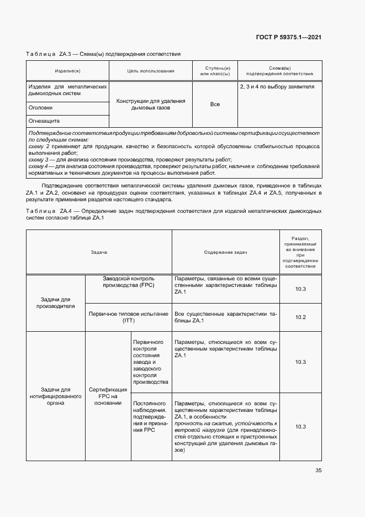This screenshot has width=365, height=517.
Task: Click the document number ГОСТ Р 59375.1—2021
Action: point(289,37)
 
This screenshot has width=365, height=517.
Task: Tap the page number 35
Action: point(319,471)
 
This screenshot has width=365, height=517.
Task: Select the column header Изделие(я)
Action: point(67,71)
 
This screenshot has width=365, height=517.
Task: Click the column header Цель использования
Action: point(150,71)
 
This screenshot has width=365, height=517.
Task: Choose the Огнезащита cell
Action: point(44,121)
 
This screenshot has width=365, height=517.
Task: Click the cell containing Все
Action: point(215,105)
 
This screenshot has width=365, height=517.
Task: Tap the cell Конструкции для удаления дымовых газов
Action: point(150,105)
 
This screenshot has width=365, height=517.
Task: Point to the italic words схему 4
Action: point(38,166)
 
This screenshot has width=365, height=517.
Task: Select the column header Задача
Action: point(99,252)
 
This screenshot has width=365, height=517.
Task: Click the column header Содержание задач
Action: point(225,252)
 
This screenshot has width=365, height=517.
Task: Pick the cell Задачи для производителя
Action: point(55,302)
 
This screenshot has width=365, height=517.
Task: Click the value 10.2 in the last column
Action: point(300,317)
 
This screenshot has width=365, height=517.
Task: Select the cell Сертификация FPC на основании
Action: point(108,396)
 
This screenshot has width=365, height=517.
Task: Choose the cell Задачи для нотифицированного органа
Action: point(55,396)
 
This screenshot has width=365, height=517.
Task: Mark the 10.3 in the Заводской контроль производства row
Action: point(300,289)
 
